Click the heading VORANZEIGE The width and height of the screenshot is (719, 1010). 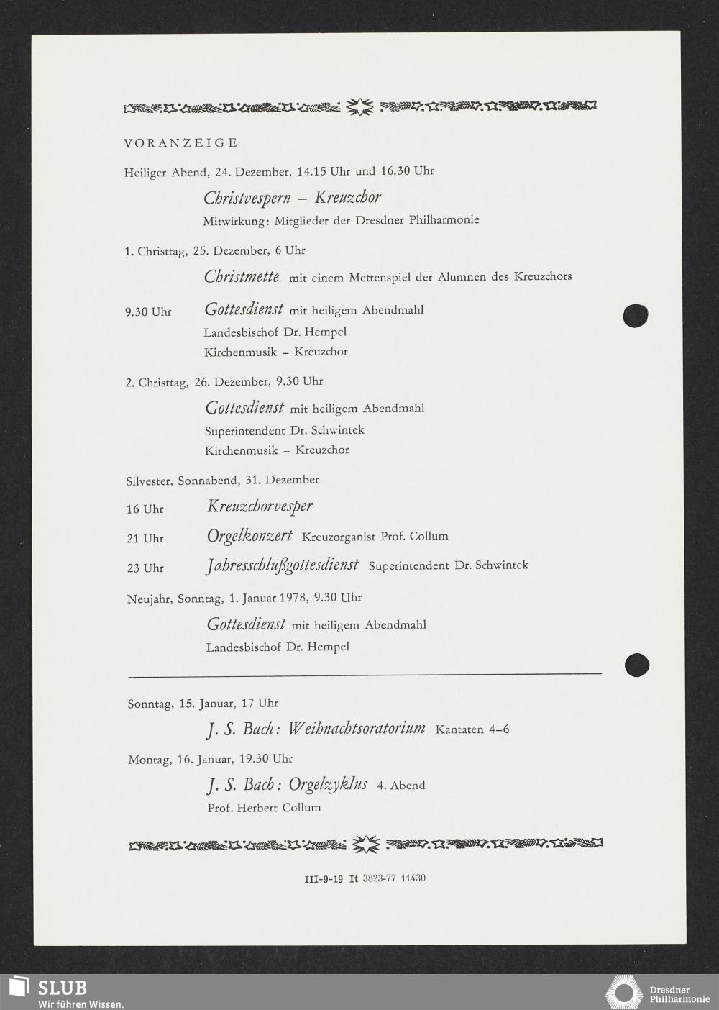[180, 142]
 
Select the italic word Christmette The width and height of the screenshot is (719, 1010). [242, 276]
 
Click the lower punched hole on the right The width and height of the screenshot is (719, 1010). [637, 665]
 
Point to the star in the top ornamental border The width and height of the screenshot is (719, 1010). [359, 108]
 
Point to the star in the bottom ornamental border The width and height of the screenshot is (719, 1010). [365, 843]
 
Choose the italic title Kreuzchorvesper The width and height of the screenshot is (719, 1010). [260, 506]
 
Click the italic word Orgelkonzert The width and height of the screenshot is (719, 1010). [249, 536]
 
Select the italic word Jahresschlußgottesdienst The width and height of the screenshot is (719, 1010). [282, 565]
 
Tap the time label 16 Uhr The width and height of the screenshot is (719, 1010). [145, 509]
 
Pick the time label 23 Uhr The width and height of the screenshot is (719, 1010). [145, 568]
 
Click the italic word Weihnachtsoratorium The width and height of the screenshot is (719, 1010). [356, 729]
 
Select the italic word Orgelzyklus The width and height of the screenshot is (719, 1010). [328, 784]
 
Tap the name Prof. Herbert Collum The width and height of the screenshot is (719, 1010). [264, 808]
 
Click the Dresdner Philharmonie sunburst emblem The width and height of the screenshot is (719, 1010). [623, 992]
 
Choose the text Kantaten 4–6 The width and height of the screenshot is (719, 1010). [472, 729]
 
